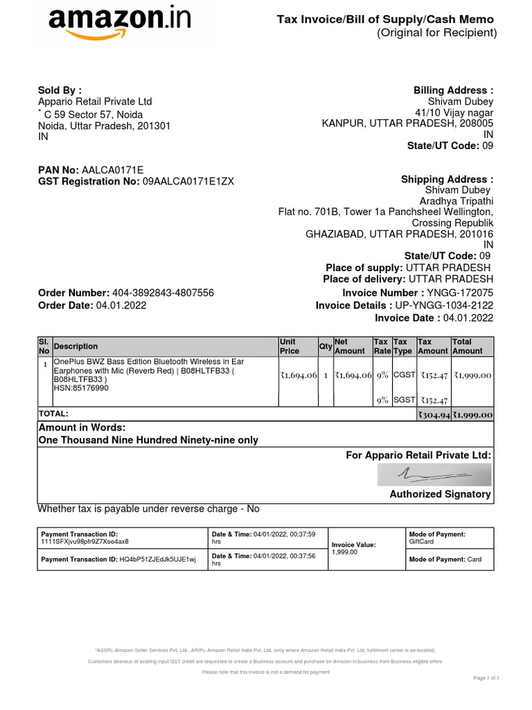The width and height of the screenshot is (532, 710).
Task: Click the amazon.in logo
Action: point(118,26)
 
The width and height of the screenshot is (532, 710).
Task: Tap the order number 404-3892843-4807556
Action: point(163,293)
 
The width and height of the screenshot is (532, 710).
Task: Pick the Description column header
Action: point(76,347)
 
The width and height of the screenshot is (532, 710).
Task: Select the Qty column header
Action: point(325,347)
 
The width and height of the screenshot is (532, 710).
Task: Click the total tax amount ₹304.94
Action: point(433,415)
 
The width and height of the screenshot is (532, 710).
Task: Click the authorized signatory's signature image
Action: point(434,475)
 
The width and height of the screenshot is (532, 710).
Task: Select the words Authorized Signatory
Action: point(440,494)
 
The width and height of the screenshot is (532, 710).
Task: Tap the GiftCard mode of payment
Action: point(422,542)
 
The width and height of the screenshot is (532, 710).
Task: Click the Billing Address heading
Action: point(453,90)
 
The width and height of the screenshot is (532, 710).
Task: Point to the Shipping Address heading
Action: point(447,180)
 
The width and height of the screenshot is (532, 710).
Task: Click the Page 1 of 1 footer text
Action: point(486,677)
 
